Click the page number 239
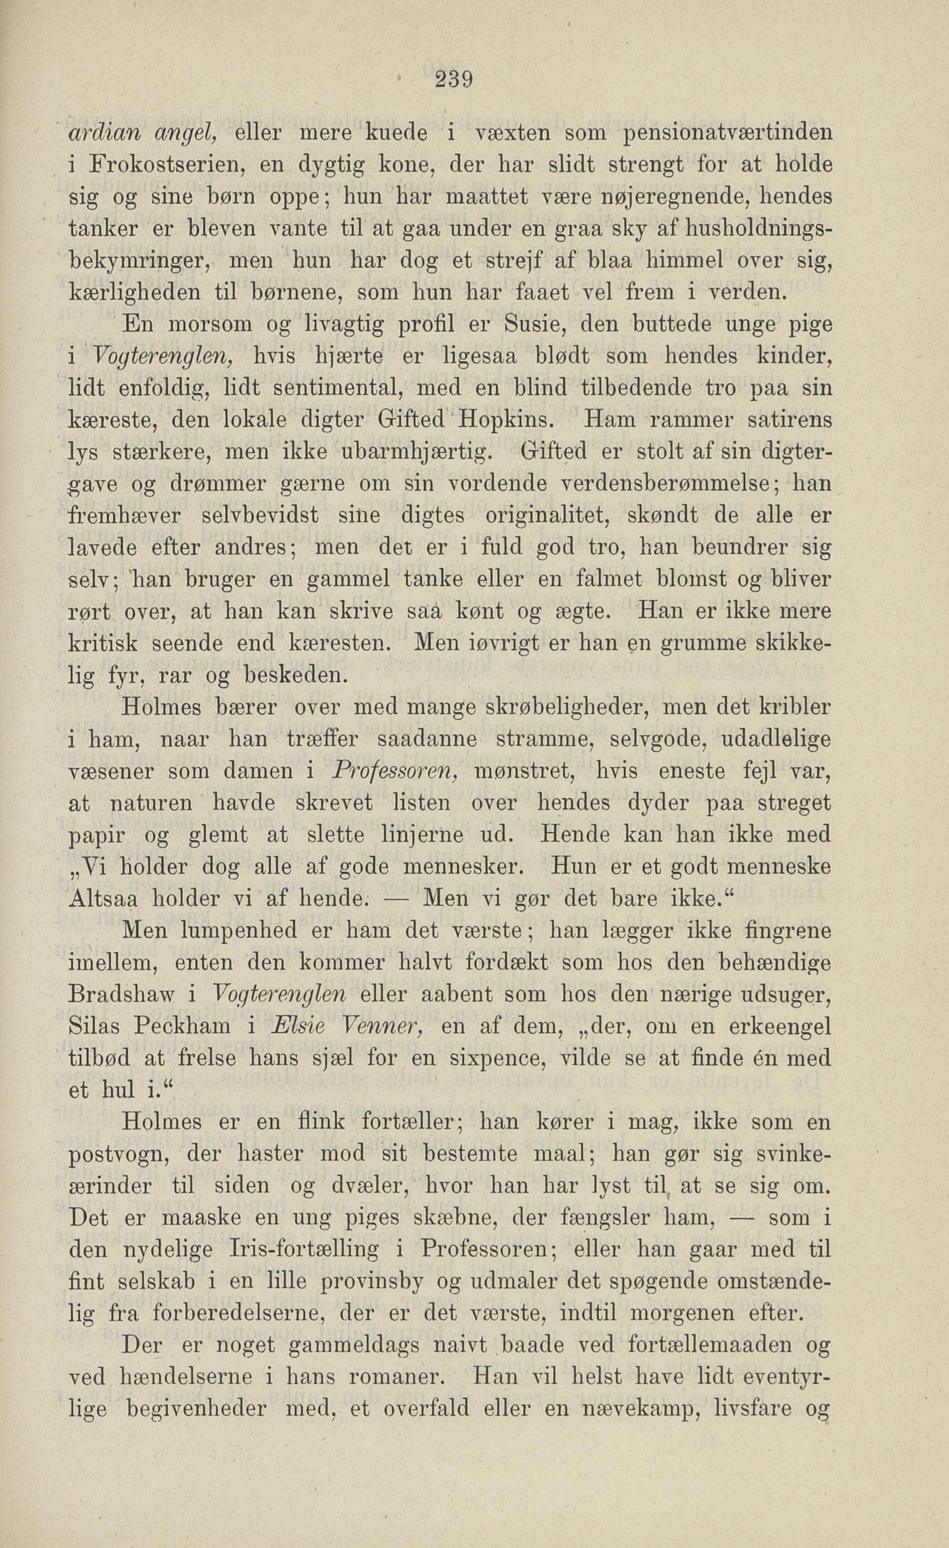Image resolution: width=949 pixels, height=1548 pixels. tap(453, 81)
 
